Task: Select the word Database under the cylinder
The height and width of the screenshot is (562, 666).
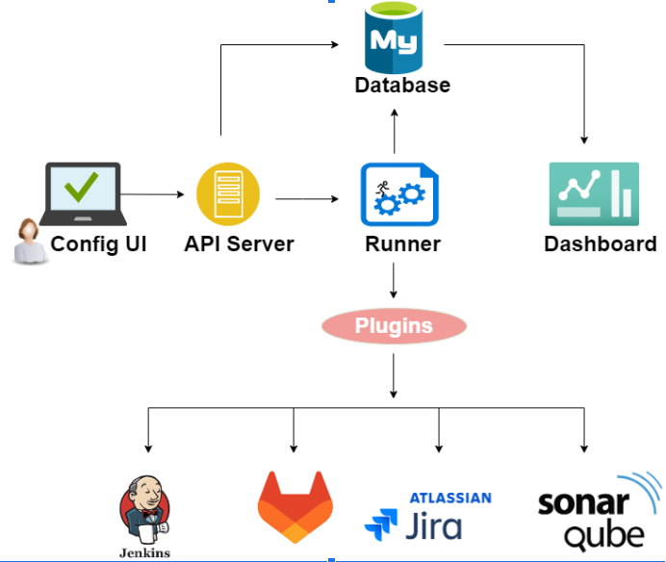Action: [402, 85]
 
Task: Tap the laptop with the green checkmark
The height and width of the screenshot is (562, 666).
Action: [83, 193]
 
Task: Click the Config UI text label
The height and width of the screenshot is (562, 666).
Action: [99, 243]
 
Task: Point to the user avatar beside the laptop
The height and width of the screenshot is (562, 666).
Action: [28, 242]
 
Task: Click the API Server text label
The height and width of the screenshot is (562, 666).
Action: [239, 243]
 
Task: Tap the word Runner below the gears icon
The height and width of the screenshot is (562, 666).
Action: [402, 243]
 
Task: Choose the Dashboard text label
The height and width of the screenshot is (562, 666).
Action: [601, 243]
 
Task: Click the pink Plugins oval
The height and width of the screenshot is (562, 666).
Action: [394, 326]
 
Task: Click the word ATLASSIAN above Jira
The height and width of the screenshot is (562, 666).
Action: [450, 498]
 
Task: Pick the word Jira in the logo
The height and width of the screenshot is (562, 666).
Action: [433, 526]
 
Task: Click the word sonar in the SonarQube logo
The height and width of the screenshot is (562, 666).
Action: [583, 504]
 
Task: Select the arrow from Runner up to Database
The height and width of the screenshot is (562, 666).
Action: [394, 132]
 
